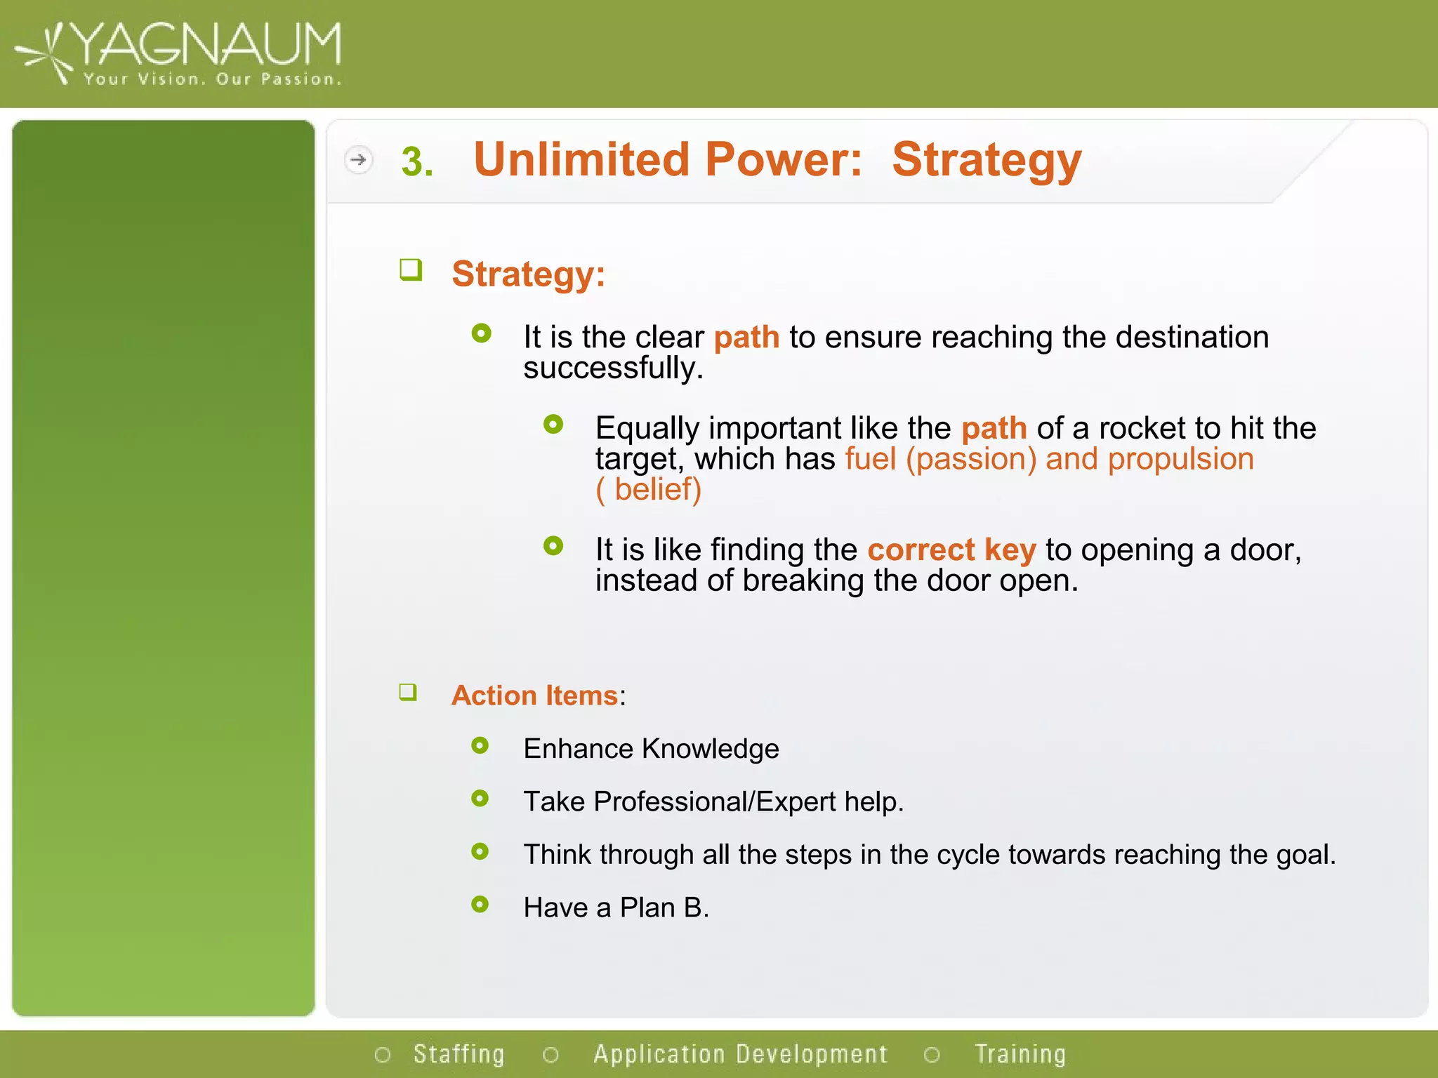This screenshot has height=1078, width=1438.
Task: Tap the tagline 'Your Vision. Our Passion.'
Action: coord(212,79)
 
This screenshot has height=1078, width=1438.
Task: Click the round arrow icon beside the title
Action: coord(358,160)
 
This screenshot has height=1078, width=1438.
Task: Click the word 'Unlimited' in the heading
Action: coord(582,159)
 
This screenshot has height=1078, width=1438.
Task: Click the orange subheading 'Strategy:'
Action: coord(528,274)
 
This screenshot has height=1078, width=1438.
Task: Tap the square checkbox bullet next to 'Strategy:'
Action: coord(411,269)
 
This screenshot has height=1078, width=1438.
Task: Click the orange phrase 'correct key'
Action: coord(951,550)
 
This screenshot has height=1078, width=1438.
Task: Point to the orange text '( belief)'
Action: coord(648,489)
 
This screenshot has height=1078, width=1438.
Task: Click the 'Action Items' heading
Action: coord(534,696)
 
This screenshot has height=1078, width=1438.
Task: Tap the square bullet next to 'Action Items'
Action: coord(408,693)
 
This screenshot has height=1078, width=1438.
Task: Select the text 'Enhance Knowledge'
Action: coord(651,749)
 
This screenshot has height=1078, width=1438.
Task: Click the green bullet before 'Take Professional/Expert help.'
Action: coord(480,799)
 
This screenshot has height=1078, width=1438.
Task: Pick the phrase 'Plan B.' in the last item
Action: coord(664,908)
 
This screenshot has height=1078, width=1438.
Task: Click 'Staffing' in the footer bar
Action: coord(459,1054)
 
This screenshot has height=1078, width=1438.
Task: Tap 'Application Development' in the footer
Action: coord(740,1054)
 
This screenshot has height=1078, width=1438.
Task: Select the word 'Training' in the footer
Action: coord(1020,1054)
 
